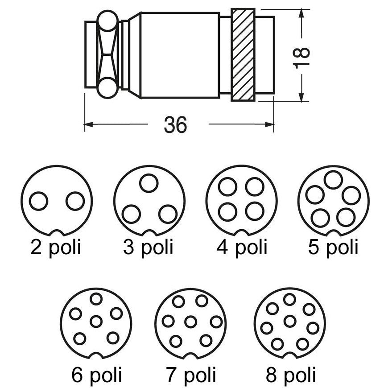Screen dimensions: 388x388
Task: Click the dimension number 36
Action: pyautogui.click(x=175, y=125)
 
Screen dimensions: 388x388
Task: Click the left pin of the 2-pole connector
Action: pyautogui.click(x=39, y=201)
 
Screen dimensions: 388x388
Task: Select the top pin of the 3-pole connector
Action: pyautogui.click(x=149, y=183)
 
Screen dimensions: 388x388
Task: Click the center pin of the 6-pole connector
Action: pyautogui.click(x=96, y=321)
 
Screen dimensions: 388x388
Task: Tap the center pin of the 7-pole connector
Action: pyautogui.click(x=191, y=321)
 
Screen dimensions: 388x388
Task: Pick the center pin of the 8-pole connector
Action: pyautogui.click(x=290, y=320)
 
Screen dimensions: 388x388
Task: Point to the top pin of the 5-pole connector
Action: pyautogui.click(x=333, y=179)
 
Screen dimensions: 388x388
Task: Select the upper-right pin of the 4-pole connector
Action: pyautogui.click(x=255, y=186)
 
